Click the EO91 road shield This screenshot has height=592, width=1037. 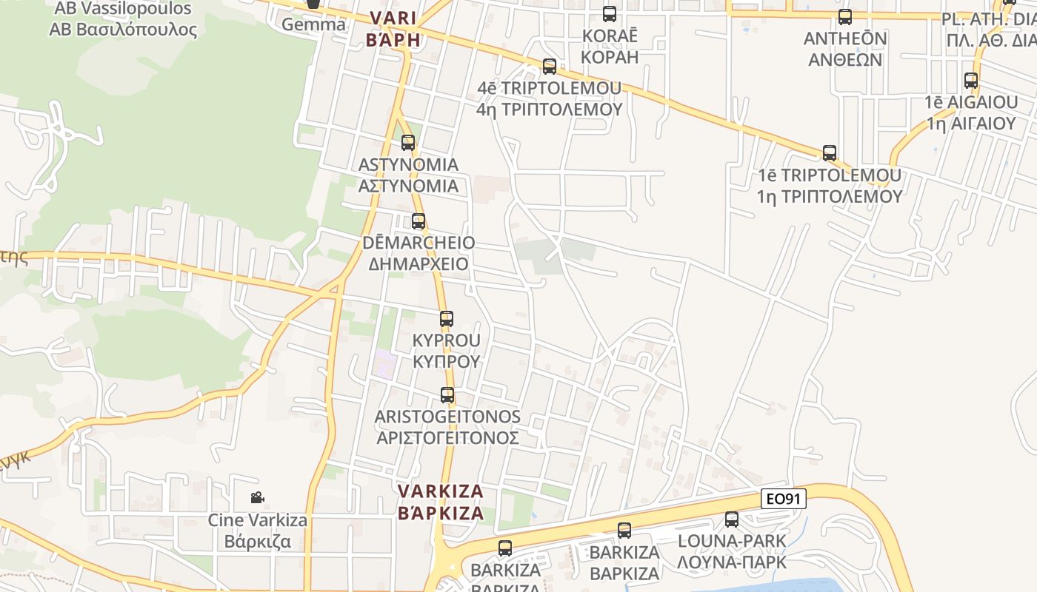pyautogui.click(x=784, y=499)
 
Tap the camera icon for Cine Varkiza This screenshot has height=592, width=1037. pyautogui.click(x=257, y=498)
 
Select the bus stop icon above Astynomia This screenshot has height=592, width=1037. pyautogui.click(x=408, y=143)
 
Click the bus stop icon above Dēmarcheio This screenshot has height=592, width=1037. pyautogui.click(x=419, y=221)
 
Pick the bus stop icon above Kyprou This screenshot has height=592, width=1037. pyautogui.click(x=447, y=319)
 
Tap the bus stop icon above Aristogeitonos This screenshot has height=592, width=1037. pyautogui.click(x=447, y=395)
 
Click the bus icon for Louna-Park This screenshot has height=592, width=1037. pyautogui.click(x=732, y=519)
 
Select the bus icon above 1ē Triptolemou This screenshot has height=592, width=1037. pyautogui.click(x=830, y=153)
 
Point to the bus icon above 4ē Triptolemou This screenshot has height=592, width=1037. pyautogui.click(x=550, y=67)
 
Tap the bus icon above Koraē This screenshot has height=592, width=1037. pyautogui.click(x=610, y=14)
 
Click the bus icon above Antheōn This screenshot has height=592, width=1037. pyautogui.click(x=845, y=17)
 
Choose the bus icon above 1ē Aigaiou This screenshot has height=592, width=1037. pyautogui.click(x=971, y=81)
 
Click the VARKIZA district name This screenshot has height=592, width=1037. pyautogui.click(x=441, y=491)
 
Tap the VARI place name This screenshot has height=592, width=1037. pyautogui.click(x=393, y=18)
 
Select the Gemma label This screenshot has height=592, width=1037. pyautogui.click(x=313, y=24)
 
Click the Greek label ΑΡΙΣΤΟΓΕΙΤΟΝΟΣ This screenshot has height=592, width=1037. pyautogui.click(x=447, y=438)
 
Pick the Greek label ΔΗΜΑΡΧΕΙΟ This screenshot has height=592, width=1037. pyautogui.click(x=419, y=264)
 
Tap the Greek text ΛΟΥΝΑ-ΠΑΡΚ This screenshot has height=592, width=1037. pyautogui.click(x=732, y=562)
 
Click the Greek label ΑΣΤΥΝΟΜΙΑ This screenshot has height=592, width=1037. pyautogui.click(x=408, y=186)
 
